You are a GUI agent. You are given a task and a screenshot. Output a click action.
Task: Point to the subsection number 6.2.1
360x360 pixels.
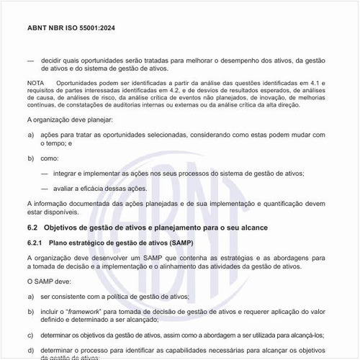pyautogui.click(x=37, y=243)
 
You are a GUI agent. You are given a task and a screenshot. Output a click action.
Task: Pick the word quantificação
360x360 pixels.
pyautogui.click(x=264, y=204)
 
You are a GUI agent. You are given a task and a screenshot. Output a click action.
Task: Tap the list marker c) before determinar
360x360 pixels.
pyautogui.click(x=31, y=333)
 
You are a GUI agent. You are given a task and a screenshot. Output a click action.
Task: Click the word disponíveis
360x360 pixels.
pyautogui.click(x=58, y=212)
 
